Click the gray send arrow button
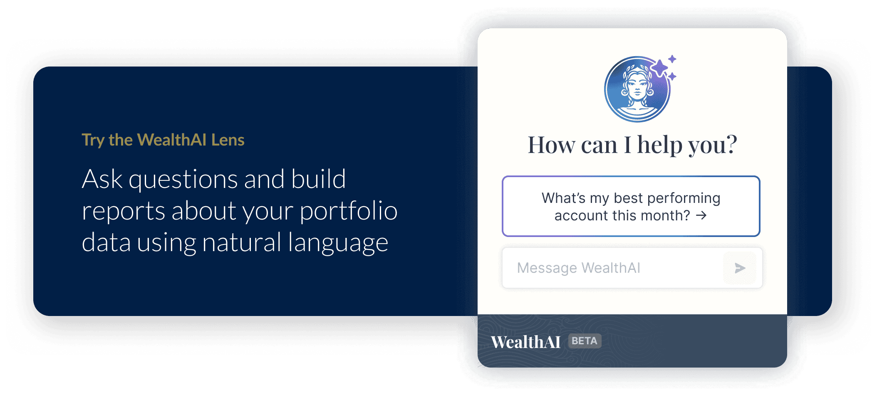[x=740, y=268]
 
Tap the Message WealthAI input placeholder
[x=578, y=268]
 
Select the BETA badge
[x=585, y=341]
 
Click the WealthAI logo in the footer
[x=526, y=342]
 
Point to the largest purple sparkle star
[x=659, y=68]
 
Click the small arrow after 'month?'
[x=701, y=215]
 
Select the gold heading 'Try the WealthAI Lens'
[x=163, y=140]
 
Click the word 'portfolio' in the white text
[x=349, y=211]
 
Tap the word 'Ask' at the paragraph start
[x=102, y=179]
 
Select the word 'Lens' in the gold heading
[x=228, y=140]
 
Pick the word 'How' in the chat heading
[x=552, y=145]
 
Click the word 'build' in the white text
[x=318, y=179]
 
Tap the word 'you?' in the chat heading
[x=713, y=145]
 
